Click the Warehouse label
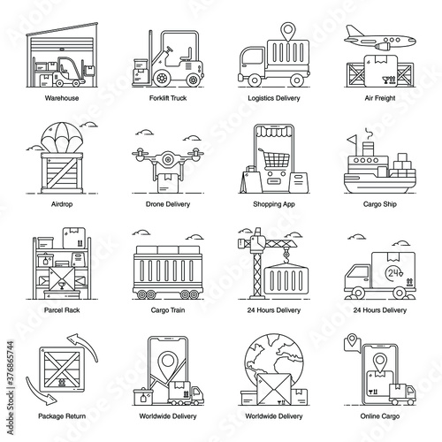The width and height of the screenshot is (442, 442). [62, 98]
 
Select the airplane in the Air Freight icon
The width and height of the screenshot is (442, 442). [380, 39]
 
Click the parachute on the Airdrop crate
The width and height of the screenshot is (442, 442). [61, 138]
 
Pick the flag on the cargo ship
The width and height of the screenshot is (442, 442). [352, 141]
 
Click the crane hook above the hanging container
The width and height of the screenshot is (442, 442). [286, 255]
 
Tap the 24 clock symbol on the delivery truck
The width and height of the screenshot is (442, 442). [394, 273]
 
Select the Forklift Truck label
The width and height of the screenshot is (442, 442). [168, 98]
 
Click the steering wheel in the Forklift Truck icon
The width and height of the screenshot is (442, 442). [169, 50]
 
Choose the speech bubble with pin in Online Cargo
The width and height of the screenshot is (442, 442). [353, 343]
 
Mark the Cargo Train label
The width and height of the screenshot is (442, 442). [168, 310]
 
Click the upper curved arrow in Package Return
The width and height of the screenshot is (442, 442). [84, 345]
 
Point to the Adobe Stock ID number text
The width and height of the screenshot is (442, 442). [11, 363]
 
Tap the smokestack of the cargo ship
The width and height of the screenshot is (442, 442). [368, 149]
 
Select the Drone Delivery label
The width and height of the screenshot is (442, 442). [168, 204]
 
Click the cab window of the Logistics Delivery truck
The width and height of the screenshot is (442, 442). [252, 56]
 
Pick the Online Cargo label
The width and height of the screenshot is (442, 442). [380, 416]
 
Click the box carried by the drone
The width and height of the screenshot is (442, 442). [168, 183]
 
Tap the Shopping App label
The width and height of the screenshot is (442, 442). [274, 204]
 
